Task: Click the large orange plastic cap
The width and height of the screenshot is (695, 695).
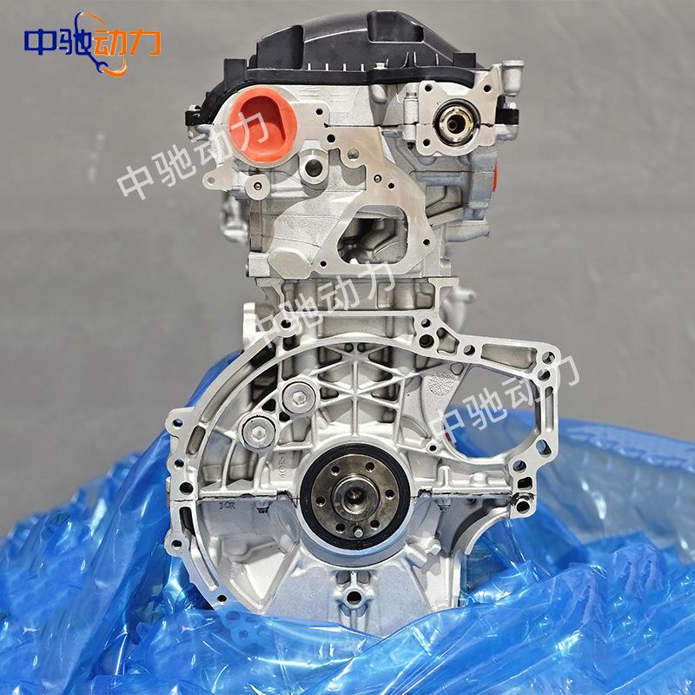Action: tap(263, 125)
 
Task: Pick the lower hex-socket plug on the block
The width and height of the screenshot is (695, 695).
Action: tap(259, 433)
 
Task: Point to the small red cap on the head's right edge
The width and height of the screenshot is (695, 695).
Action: tap(494, 176)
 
